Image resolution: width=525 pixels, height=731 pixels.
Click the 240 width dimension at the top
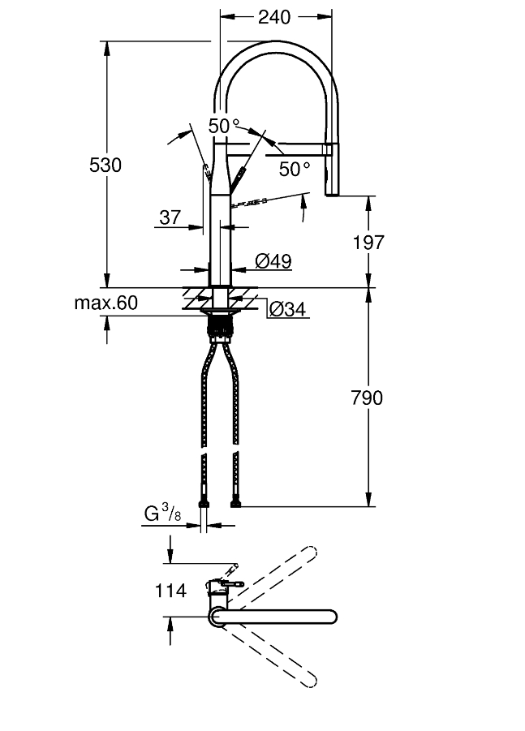pyautogui.click(x=276, y=15)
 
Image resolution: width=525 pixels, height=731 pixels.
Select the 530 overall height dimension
pyautogui.click(x=105, y=166)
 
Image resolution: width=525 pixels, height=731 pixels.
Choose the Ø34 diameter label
pyautogui.click(x=287, y=308)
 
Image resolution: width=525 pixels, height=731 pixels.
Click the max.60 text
pyautogui.click(x=106, y=303)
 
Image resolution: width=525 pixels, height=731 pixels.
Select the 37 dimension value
pyautogui.click(x=170, y=217)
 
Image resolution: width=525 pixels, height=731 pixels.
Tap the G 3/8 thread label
pyautogui.click(x=163, y=514)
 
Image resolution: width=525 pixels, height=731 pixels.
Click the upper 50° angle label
pyautogui.click(x=224, y=126)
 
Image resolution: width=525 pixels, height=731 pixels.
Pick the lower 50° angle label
pyautogui.click(x=294, y=169)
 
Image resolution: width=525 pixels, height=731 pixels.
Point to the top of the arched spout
pyautogui.click(x=276, y=45)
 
